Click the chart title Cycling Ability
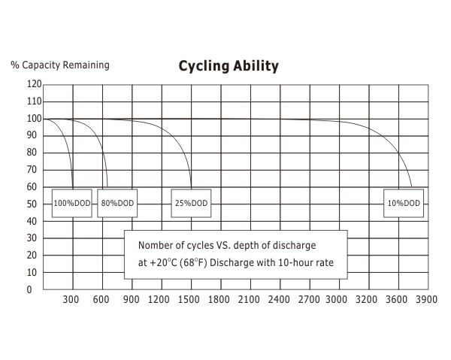(229, 66)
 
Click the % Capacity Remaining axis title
(60, 65)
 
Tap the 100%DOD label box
(73, 203)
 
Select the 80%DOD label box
(118, 203)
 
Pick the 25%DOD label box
(192, 203)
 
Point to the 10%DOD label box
(404, 203)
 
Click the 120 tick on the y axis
(35, 84)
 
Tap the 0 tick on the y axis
(30, 289)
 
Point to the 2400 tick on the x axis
(278, 300)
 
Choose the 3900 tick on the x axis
(426, 300)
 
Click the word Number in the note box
(155, 246)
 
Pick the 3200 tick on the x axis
(367, 300)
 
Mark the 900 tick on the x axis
(132, 300)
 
